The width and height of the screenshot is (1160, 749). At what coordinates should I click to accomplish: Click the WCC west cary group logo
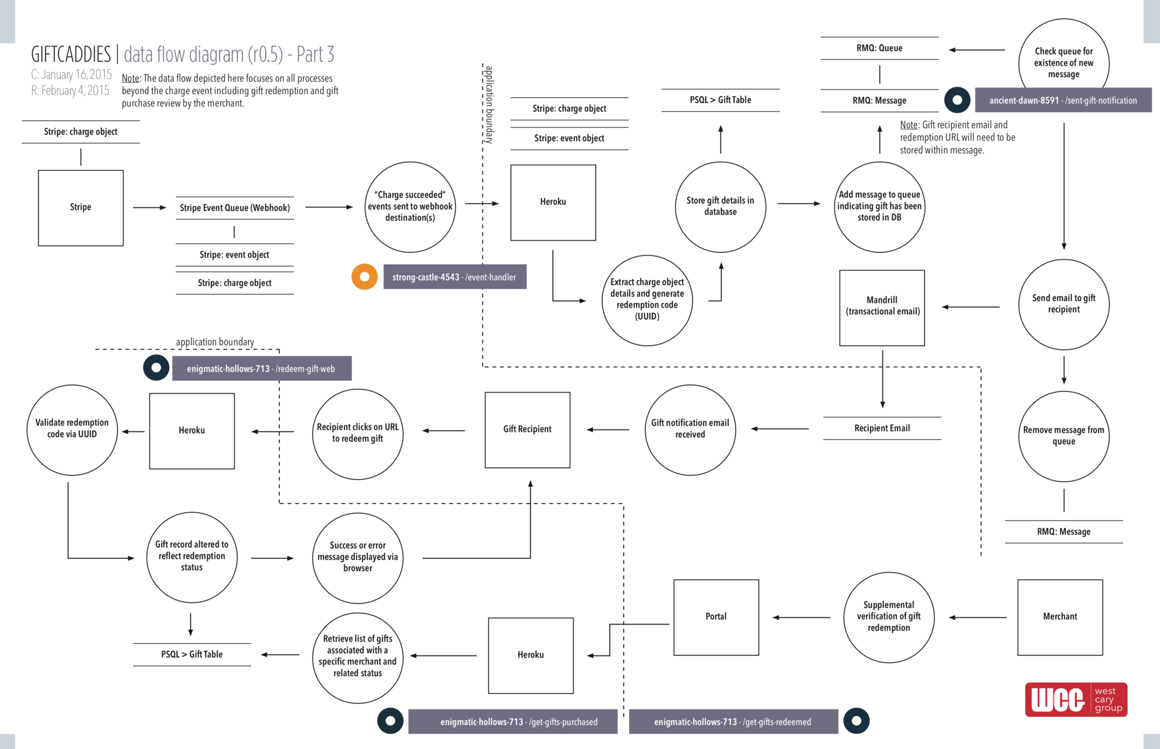tap(1076, 699)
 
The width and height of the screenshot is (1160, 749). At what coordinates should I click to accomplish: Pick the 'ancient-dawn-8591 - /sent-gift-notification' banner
tap(1063, 100)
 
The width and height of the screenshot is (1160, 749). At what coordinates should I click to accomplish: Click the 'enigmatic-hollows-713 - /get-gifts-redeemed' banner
tap(733, 722)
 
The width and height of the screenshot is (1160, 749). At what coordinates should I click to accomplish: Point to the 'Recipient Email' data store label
tap(882, 428)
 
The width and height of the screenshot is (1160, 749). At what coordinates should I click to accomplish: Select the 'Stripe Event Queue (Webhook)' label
tap(235, 208)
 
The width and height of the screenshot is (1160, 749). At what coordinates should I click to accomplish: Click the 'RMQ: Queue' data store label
tap(879, 48)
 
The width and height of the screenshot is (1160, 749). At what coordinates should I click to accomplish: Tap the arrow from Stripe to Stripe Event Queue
tap(150, 208)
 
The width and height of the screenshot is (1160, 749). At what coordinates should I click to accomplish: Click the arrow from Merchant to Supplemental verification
tap(977, 618)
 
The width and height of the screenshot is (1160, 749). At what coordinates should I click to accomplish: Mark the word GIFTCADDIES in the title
tap(71, 54)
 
